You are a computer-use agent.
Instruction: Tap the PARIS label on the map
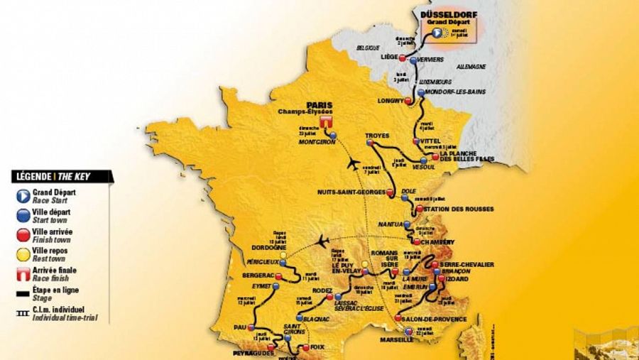[x=319, y=102]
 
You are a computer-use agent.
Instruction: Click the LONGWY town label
[x=391, y=100]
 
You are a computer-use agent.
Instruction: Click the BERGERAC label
[x=258, y=273]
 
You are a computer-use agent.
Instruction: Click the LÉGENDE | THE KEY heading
[x=61, y=176]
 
